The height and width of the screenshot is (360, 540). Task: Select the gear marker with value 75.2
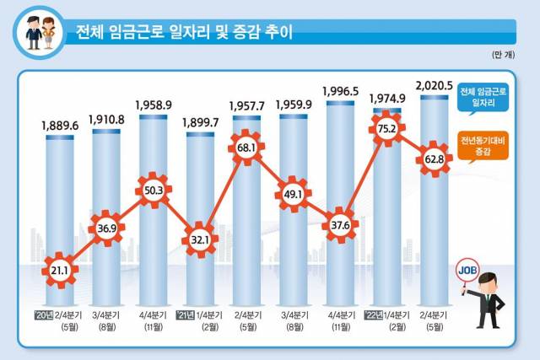tap(387, 131)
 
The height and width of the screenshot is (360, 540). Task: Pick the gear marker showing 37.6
tap(341, 226)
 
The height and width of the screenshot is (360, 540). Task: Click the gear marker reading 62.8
tap(434, 160)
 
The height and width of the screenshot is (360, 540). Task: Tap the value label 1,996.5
tap(342, 90)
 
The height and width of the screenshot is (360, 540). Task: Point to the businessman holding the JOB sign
tap(489, 300)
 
